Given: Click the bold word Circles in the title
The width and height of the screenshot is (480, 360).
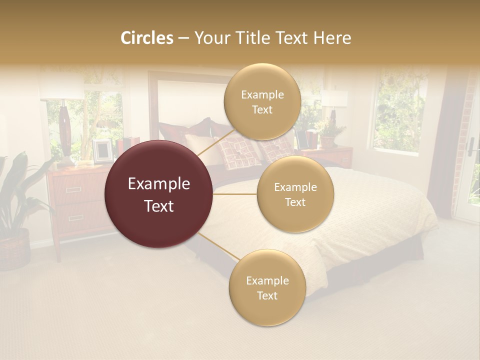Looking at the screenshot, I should tap(147, 38).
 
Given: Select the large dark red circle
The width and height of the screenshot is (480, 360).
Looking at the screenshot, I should tap(159, 194).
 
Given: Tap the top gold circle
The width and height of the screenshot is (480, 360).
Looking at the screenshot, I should tap(262, 102).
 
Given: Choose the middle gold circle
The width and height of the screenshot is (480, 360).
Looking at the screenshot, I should tap(295, 194).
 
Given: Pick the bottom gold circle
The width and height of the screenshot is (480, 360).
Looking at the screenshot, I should tap(267, 288).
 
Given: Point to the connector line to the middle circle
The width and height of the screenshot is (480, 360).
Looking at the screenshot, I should tap(235, 194).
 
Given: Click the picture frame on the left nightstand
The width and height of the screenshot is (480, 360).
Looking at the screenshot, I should tap(102, 150).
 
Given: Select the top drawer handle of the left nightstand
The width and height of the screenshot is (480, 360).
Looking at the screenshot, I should tap(73, 189).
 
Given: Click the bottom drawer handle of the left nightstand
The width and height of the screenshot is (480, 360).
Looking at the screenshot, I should tap(76, 217).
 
